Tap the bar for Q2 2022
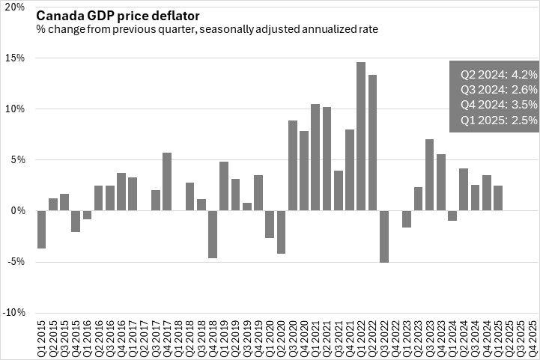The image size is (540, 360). point(372,142)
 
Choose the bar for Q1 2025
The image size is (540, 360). point(498,198)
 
